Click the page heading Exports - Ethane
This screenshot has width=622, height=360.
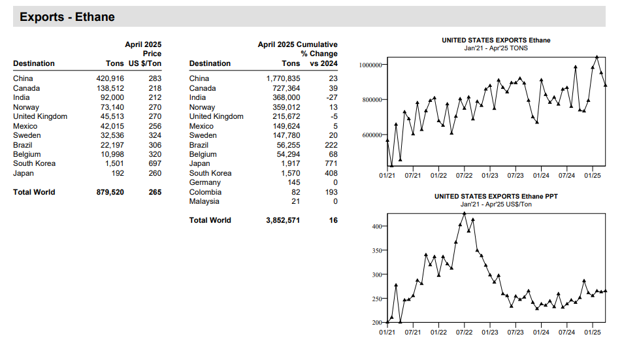67,17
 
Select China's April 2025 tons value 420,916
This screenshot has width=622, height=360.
110,78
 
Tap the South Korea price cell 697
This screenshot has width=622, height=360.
155,163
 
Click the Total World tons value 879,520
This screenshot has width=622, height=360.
110,192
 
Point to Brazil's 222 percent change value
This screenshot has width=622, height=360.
331,145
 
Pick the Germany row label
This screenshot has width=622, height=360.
205,182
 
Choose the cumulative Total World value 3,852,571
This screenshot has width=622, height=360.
283,220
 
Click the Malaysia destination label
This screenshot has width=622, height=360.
204,201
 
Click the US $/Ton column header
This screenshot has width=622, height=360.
145,63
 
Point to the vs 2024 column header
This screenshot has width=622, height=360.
323,63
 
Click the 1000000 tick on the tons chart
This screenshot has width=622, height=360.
370,65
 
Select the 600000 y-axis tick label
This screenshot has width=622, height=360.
372,135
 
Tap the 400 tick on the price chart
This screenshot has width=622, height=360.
377,227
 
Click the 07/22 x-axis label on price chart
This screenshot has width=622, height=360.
464,333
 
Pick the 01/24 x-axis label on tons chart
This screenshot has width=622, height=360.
541,175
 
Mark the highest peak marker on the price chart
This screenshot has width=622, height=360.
465,214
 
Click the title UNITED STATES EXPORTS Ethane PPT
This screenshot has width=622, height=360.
496,196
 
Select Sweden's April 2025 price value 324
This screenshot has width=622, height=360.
155,135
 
